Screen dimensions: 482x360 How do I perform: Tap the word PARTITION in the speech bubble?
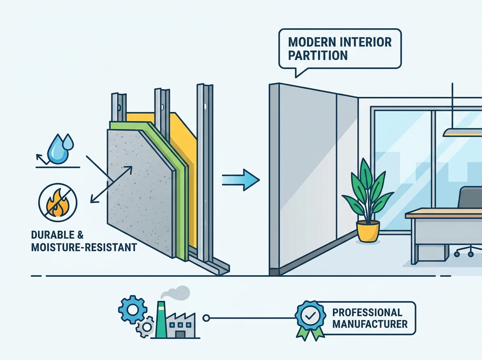(318, 55)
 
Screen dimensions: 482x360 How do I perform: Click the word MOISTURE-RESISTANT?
(84, 247)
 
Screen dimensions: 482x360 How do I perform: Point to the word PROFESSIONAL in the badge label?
(367, 312)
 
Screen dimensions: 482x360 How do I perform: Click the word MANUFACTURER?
(370, 324)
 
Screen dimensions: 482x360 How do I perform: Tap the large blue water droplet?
(57, 149)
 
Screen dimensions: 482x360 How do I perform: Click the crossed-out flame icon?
(58, 202)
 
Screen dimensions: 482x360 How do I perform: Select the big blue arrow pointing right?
(241, 180)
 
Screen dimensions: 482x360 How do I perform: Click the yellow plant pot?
(368, 231)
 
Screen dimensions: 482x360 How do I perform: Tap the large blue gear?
(133, 309)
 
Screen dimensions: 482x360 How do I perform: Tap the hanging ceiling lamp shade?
(462, 133)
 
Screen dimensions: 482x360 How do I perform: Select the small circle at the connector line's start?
(206, 318)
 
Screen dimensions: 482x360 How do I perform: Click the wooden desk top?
(443, 213)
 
